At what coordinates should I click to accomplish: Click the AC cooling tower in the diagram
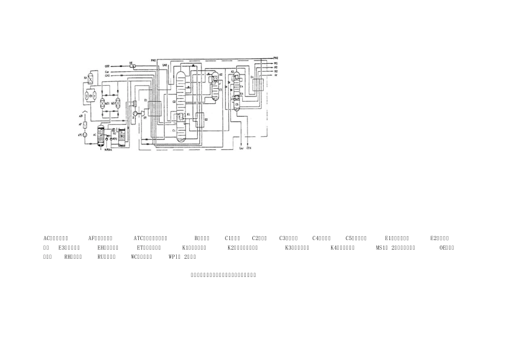click(100, 136)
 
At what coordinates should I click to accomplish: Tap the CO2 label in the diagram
click(107, 66)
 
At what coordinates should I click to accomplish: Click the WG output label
click(275, 63)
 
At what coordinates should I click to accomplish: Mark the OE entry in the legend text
click(447, 247)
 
